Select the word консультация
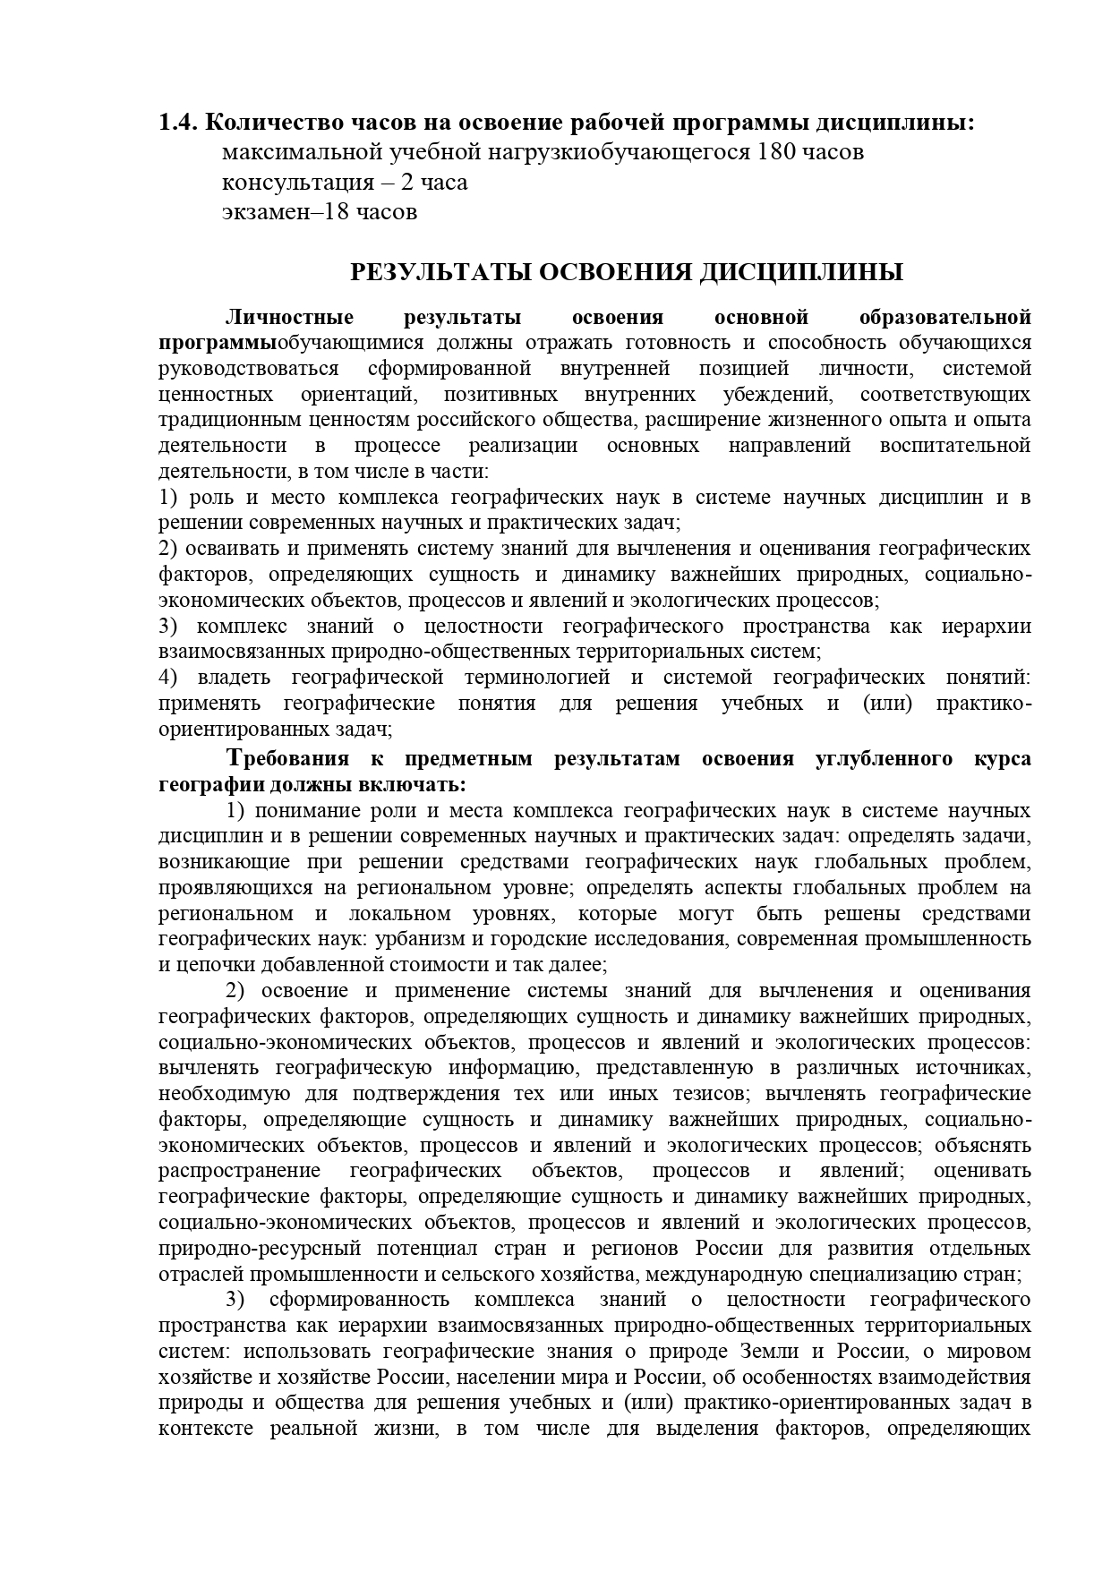click(297, 183)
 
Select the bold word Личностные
click(290, 317)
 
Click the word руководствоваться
click(249, 369)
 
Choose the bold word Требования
click(287, 759)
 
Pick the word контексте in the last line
click(207, 1428)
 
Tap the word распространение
click(239, 1171)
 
